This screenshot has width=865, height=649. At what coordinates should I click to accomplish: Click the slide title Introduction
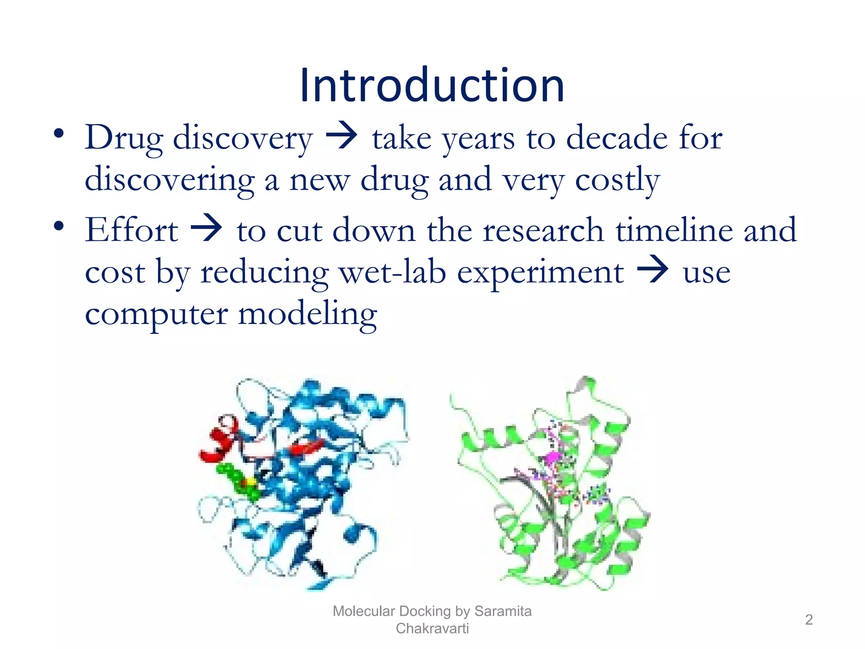tap(432, 86)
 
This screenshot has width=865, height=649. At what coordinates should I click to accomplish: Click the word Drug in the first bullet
tap(124, 138)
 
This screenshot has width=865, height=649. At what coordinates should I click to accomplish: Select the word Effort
tap(131, 229)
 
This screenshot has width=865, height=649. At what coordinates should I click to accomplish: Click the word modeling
tap(307, 314)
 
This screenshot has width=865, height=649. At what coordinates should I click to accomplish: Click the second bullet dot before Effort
tap(59, 226)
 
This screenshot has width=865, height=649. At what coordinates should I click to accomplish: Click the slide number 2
tap(808, 619)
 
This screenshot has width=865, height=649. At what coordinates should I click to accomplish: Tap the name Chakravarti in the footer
tap(432, 628)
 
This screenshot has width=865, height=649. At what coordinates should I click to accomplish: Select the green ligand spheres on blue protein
tap(239, 482)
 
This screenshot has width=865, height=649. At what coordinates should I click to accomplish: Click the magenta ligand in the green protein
tap(552, 457)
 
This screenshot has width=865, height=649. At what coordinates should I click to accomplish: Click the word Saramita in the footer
tap(503, 611)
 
